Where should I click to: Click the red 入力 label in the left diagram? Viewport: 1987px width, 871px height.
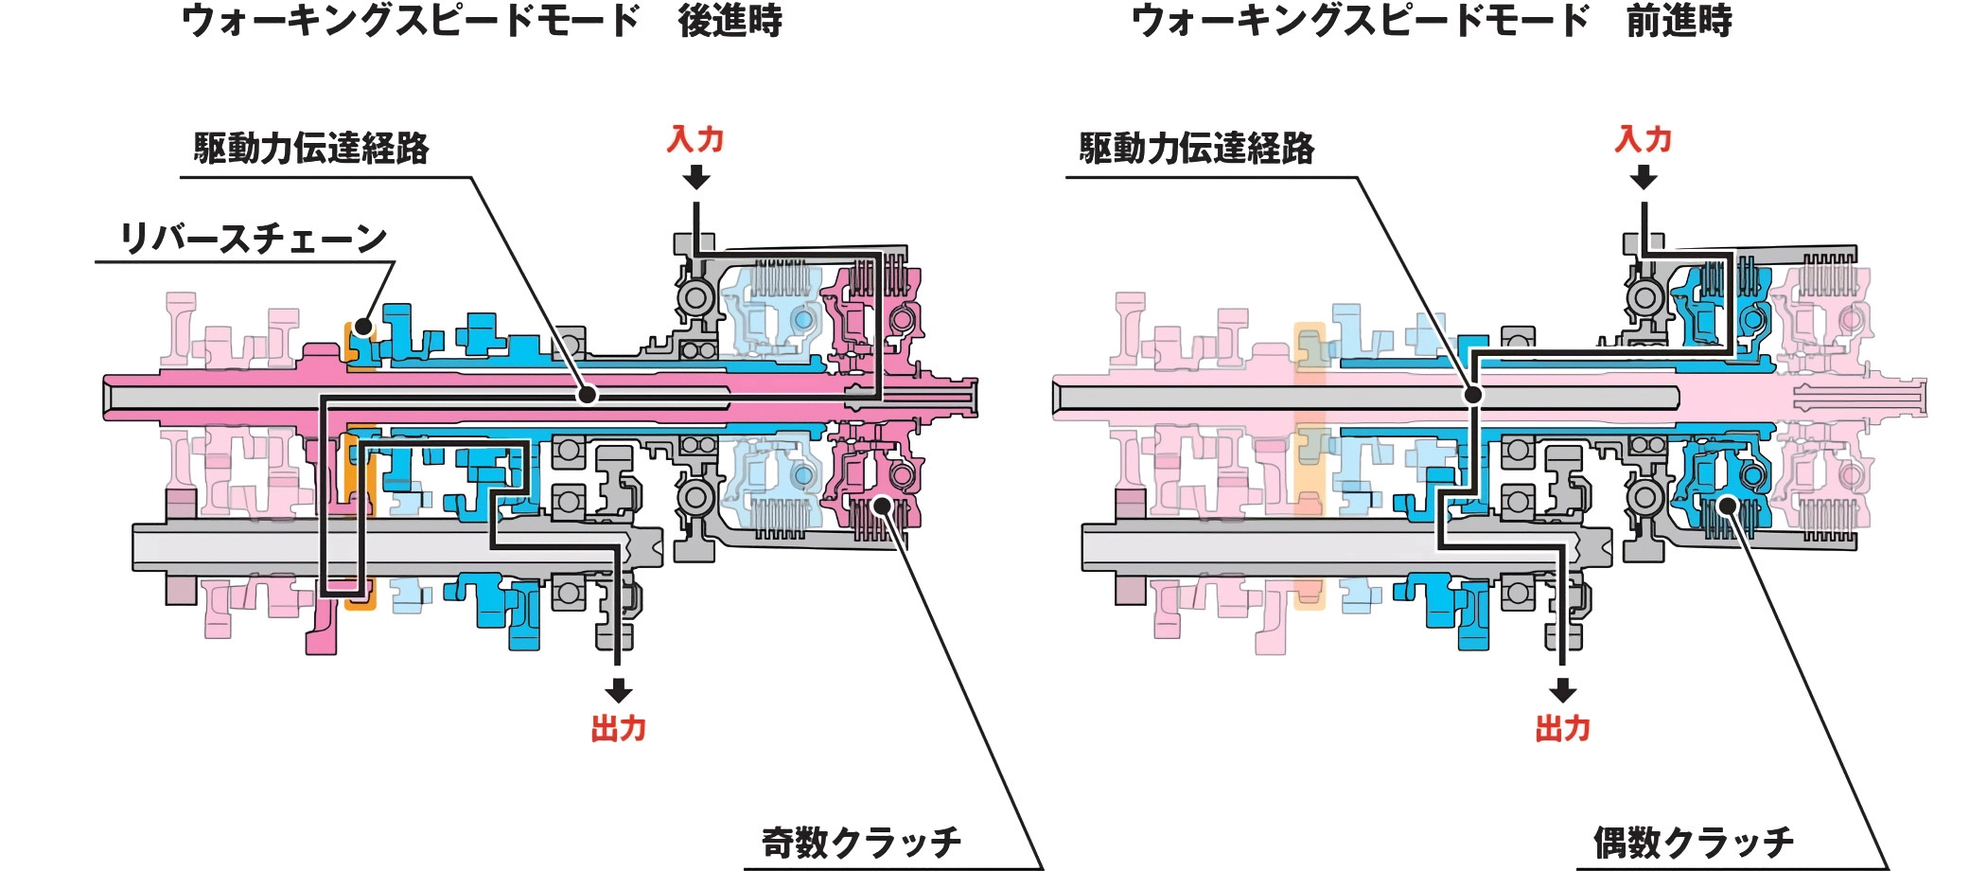pos(695,139)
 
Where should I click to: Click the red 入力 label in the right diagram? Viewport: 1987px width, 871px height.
pos(1644,139)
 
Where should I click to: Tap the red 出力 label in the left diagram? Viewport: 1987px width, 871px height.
pos(618,729)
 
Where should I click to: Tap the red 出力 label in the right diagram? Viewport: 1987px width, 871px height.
pos(1562,729)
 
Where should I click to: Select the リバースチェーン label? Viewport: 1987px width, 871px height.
pos(253,239)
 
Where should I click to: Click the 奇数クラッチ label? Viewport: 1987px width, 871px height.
pos(861,842)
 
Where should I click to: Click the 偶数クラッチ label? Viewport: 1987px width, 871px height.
pos(1693,842)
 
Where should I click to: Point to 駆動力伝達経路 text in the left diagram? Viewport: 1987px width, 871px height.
pos(311,149)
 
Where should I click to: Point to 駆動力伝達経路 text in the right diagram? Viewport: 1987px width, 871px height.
pos(1197,149)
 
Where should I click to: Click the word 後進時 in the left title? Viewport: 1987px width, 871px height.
pos(730,21)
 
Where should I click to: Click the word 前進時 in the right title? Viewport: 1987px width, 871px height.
pos(1679,21)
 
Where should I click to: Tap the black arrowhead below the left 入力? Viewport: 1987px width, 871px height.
pos(696,178)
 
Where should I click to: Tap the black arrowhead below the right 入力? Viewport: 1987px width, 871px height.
pos(1644,178)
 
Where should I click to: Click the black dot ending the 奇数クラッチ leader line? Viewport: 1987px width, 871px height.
pos(882,505)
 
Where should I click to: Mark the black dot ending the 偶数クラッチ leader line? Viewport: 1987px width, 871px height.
pos(1728,505)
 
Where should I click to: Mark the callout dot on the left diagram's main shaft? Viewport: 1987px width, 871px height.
pos(588,395)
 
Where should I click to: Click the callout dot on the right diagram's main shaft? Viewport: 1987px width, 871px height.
pos(1473,395)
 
